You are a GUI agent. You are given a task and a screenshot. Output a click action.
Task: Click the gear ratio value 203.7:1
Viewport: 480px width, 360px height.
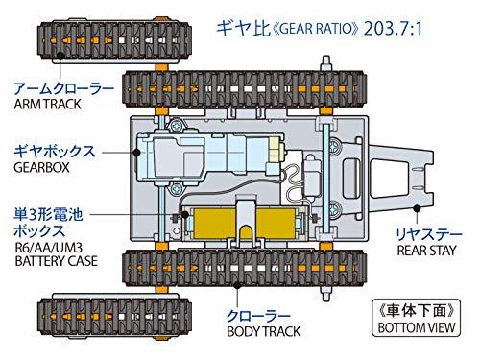[393, 29]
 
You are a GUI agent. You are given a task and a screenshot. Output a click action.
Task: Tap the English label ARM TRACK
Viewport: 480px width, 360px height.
[47, 105]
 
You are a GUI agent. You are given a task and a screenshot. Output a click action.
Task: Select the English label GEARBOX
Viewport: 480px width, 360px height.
[41, 167]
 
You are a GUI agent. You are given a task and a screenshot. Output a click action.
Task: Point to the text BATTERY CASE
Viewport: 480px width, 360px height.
[56, 261]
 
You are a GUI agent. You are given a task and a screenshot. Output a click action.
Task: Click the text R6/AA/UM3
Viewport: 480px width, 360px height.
[49, 248]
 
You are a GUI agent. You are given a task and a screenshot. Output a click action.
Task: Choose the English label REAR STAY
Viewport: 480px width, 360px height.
[426, 251]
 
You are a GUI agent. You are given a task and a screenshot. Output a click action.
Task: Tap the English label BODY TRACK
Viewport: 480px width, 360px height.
[264, 331]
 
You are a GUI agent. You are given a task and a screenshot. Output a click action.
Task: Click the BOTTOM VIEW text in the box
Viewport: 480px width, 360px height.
[417, 327]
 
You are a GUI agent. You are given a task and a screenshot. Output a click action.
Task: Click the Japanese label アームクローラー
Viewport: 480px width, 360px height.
[63, 88]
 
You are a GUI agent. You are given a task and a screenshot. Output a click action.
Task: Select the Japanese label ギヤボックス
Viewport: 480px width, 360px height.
[55, 151]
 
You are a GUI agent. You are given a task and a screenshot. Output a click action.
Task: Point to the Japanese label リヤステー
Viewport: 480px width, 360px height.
[429, 234]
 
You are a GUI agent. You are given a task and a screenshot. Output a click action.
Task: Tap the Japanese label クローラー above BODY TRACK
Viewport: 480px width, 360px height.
[258, 316]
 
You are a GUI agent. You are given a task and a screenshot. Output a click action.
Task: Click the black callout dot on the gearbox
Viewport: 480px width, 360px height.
[136, 153]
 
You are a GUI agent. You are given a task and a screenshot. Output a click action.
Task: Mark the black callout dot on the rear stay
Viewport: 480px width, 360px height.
[417, 208]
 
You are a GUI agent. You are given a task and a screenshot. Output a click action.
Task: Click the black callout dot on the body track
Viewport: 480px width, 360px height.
[237, 285]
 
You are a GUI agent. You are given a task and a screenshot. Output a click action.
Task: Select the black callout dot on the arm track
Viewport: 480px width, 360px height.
[60, 56]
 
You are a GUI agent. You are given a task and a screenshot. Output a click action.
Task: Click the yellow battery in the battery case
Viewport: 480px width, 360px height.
[244, 224]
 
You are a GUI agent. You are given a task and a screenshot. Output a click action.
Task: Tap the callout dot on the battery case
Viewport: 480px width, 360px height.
[185, 214]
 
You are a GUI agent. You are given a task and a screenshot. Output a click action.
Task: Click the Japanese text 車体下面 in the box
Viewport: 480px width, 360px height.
[416, 311]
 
